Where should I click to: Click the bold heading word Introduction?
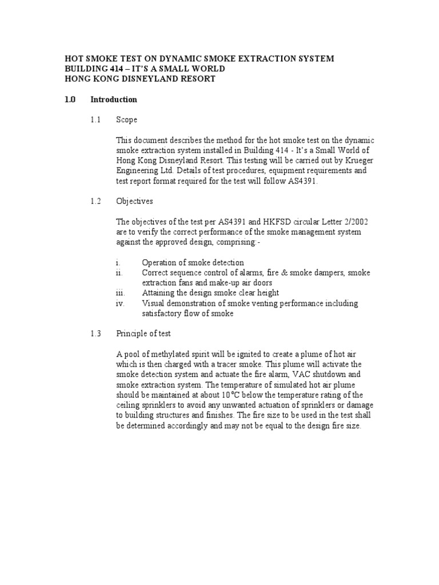coord(114,99)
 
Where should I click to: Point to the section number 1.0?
coord(70,99)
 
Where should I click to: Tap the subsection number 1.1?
coord(95,120)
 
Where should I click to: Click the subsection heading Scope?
coord(126,120)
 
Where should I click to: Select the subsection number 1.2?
coord(95,201)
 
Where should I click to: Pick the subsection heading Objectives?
coord(134,201)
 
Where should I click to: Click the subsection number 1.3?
coord(95,334)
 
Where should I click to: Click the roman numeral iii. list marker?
coord(119,293)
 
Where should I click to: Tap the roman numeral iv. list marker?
coord(119,303)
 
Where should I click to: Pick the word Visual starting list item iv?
coord(153,303)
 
